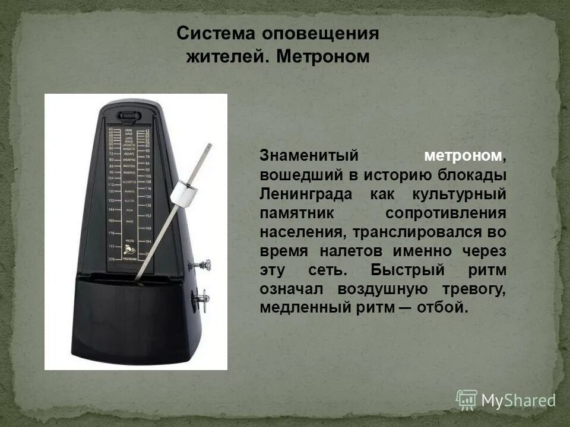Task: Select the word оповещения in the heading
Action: (x=316, y=33)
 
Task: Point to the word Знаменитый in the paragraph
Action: (x=310, y=156)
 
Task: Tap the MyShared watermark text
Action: (x=518, y=400)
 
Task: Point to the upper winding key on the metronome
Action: (x=205, y=263)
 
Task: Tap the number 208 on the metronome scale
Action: (x=111, y=260)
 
